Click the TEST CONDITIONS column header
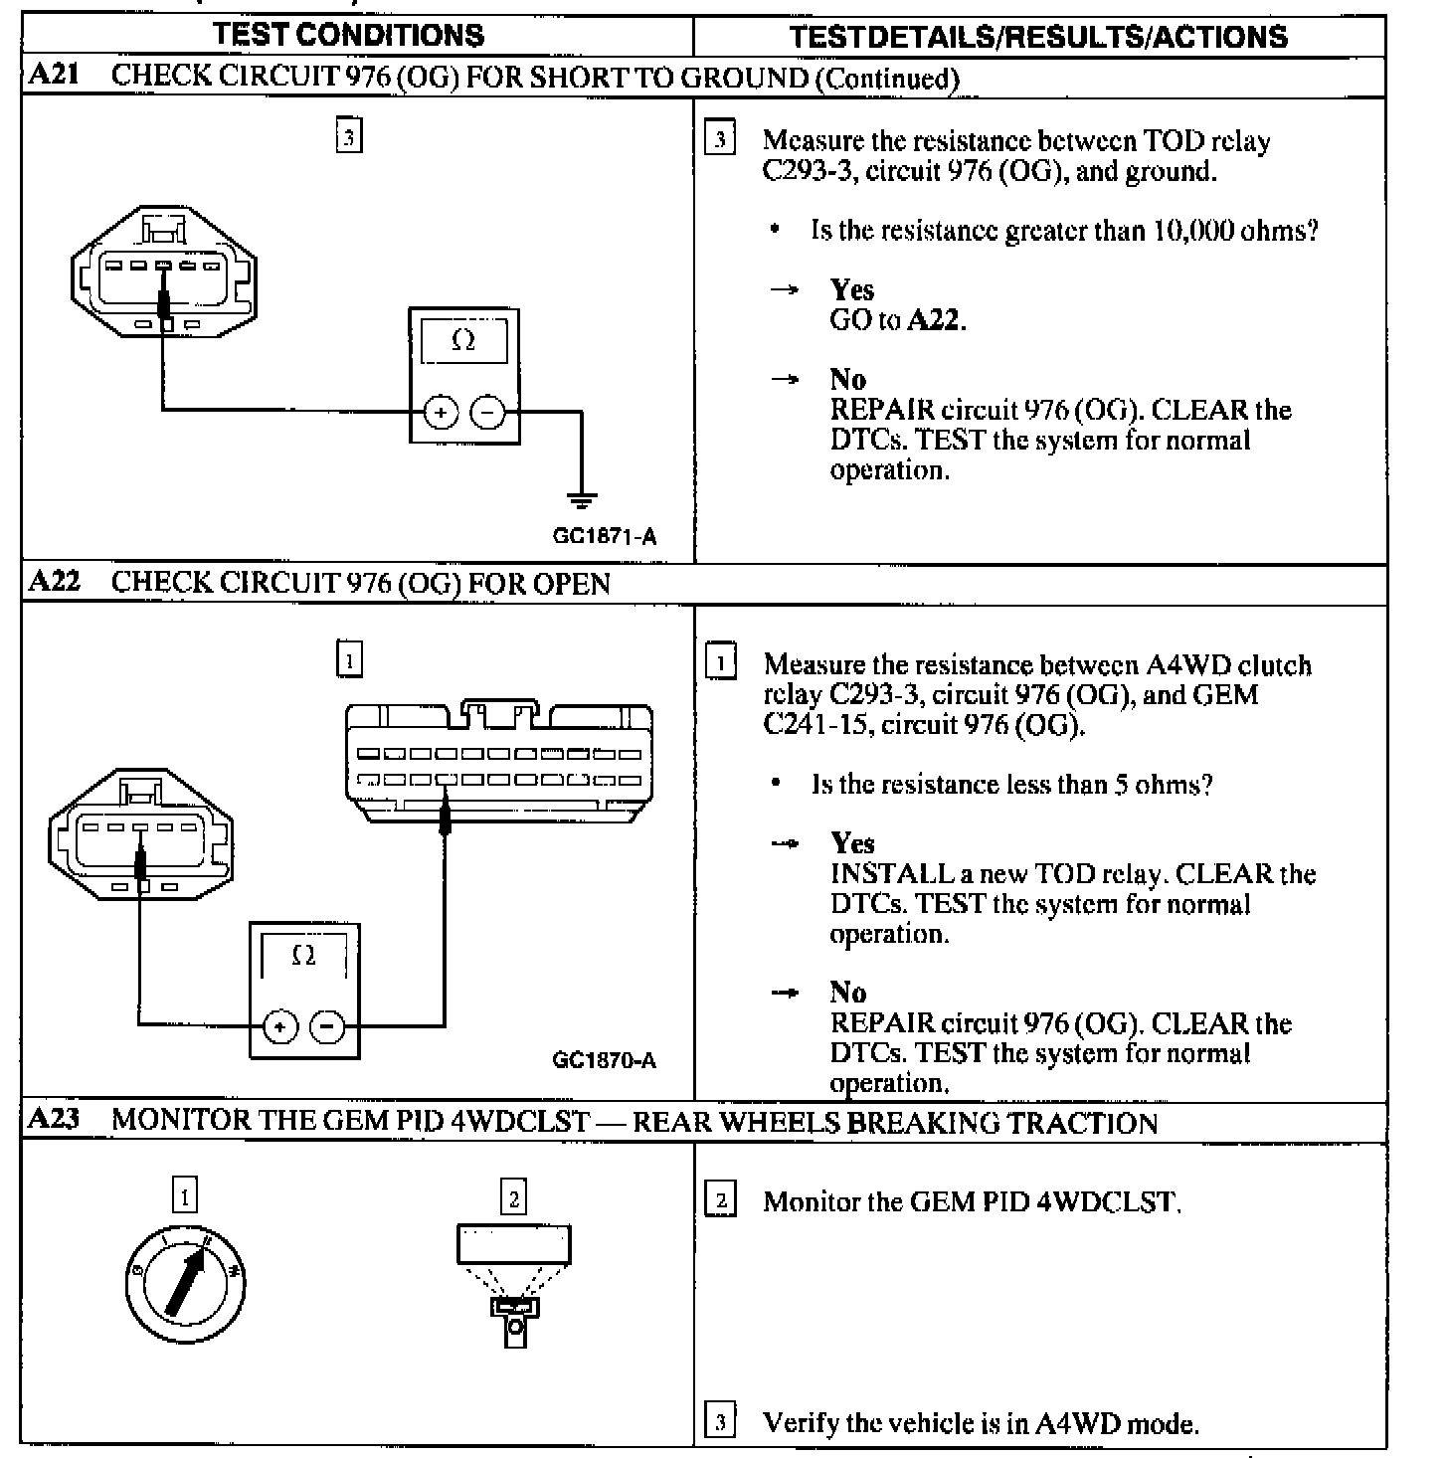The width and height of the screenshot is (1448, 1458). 348,35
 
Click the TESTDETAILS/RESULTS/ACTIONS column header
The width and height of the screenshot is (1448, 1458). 1037,37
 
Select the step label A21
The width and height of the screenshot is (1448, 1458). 54,76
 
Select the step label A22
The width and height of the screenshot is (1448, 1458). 54,582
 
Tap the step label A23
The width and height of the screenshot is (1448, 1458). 54,1120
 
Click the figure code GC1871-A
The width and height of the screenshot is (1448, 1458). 604,537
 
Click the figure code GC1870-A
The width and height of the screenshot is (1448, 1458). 604,1060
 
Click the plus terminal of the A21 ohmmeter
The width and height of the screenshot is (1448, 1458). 440,411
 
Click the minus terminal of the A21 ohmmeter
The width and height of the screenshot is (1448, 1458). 487,411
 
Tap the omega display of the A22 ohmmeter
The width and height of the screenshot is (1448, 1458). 304,957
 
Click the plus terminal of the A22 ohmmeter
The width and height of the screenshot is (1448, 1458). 280,1025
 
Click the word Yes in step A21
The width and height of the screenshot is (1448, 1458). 852,290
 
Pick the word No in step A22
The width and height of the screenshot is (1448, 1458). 848,993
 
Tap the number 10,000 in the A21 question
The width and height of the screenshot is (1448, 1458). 1192,231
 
